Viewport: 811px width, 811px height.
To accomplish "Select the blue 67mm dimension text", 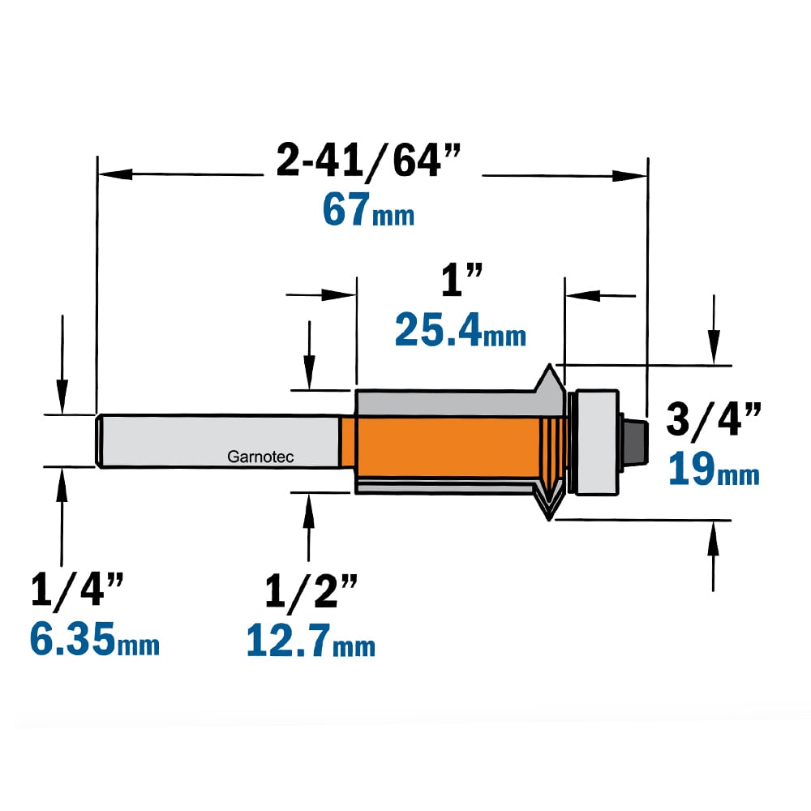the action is (x=368, y=209).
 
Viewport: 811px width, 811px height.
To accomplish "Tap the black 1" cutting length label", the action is (x=461, y=280).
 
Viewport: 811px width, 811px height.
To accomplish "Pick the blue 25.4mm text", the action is (x=461, y=330).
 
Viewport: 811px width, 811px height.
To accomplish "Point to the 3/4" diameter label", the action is (x=713, y=419).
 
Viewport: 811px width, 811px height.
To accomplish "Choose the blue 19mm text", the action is (x=714, y=469).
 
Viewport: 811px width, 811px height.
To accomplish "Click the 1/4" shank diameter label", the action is (x=77, y=589).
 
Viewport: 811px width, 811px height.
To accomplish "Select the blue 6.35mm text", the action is (x=95, y=639).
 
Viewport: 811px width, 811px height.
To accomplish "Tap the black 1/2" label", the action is (x=311, y=590).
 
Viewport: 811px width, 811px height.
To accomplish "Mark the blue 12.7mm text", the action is (x=311, y=641).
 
